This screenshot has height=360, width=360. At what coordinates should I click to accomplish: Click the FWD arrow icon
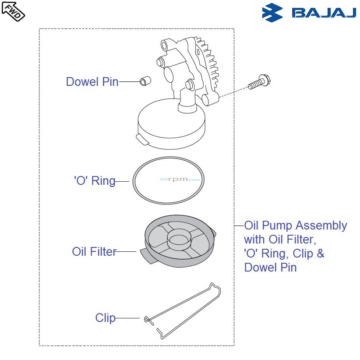pyautogui.click(x=13, y=11)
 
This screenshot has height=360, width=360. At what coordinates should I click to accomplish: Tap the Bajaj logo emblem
pyautogui.click(x=272, y=13)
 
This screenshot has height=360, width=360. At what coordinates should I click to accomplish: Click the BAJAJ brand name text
pyautogui.click(x=324, y=14)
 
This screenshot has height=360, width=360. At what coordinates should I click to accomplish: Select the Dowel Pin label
pyautogui.click(x=92, y=82)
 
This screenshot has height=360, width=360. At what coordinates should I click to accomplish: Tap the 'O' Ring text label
pyautogui.click(x=95, y=181)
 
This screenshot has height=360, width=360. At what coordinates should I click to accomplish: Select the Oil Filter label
pyautogui.click(x=94, y=252)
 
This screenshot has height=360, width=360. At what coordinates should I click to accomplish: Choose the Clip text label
pyautogui.click(x=105, y=318)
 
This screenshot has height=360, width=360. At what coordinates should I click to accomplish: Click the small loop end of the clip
pyautogui.click(x=146, y=319)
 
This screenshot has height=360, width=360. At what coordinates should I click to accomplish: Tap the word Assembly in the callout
pyautogui.click(x=321, y=226)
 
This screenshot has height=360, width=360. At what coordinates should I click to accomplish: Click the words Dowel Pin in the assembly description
pyautogui.click(x=270, y=268)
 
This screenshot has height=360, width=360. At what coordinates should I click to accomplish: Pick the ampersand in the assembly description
pyautogui.click(x=320, y=254)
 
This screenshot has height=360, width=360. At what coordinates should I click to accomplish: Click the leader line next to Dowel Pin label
pyautogui.click(x=129, y=82)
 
